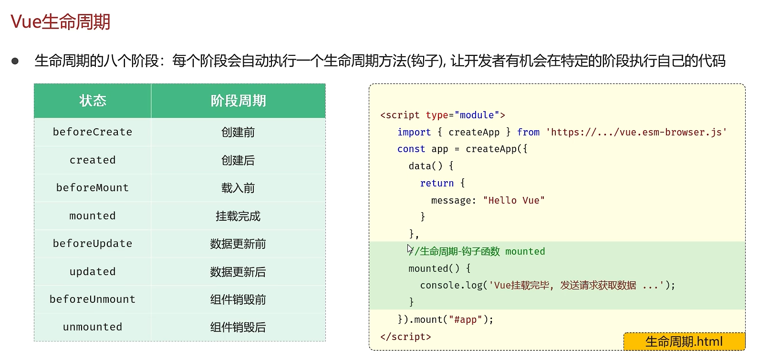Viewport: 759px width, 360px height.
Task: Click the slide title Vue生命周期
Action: pyautogui.click(x=61, y=22)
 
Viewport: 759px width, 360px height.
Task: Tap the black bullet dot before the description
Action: pyautogui.click(x=15, y=61)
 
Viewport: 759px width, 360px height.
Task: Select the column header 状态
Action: pyautogui.click(x=93, y=101)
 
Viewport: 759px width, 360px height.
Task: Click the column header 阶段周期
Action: pyautogui.click(x=238, y=101)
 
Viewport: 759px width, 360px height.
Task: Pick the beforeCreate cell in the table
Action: pyautogui.click(x=93, y=132)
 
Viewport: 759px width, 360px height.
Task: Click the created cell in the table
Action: pyautogui.click(x=93, y=160)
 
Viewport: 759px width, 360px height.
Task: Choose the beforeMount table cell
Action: pyautogui.click(x=93, y=188)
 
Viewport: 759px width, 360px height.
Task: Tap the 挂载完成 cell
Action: pyautogui.click(x=238, y=216)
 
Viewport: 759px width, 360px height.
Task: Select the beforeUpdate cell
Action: pyautogui.click(x=93, y=244)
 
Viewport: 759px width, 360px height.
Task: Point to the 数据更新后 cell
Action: pyautogui.click(x=238, y=272)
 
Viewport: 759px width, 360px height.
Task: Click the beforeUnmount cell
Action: pyautogui.click(x=93, y=299)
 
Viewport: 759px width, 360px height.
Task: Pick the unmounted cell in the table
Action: pyautogui.click(x=93, y=327)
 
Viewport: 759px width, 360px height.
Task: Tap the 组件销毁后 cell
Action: pyautogui.click(x=238, y=327)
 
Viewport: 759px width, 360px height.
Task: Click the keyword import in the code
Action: pyautogui.click(x=414, y=132)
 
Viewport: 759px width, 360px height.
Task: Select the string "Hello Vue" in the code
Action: pyautogui.click(x=514, y=200)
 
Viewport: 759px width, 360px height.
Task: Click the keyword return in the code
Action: pyautogui.click(x=437, y=183)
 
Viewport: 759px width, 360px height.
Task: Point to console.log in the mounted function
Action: pyautogui.click(x=451, y=285)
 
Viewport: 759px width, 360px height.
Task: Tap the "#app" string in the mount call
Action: pyautogui.click(x=465, y=319)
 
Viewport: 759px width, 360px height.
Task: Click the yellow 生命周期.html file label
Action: pyautogui.click(x=684, y=341)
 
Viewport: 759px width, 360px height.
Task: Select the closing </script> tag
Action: pyautogui.click(x=405, y=337)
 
